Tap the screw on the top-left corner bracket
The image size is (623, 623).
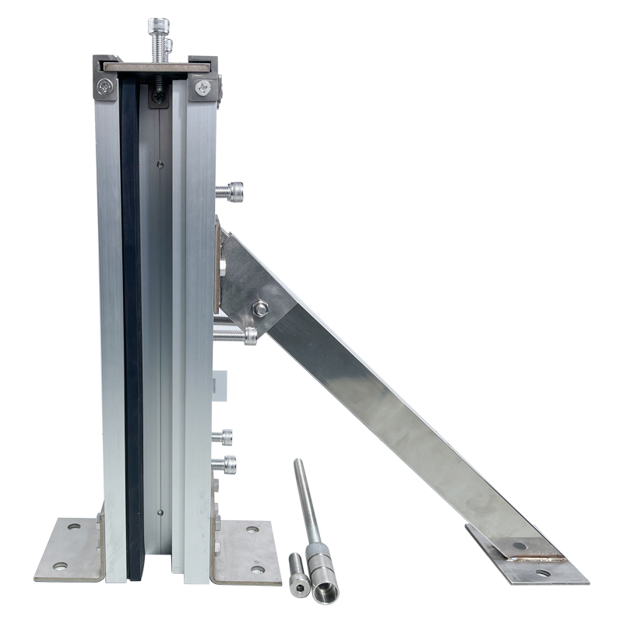click(x=105, y=87)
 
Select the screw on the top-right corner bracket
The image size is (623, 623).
click(x=203, y=88)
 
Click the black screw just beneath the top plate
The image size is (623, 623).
click(x=159, y=96)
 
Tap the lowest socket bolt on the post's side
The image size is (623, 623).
click(x=225, y=465)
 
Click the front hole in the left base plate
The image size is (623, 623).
click(x=59, y=566)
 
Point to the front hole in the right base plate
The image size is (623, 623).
click(x=256, y=569)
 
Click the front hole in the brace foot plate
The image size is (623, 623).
click(x=542, y=572)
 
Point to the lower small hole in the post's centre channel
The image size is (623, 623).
click(x=159, y=512)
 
